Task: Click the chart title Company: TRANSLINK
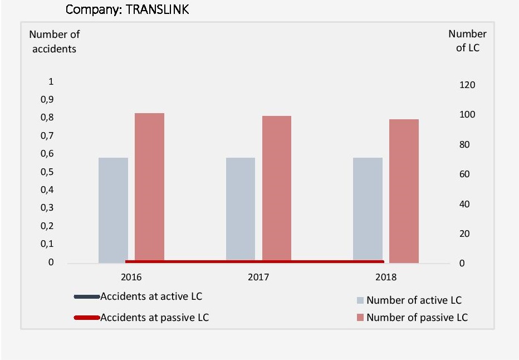pyautogui.click(x=127, y=9)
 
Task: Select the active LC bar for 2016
pyautogui.click(x=113, y=210)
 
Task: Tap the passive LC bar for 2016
pyautogui.click(x=149, y=187)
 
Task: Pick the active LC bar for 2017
pyautogui.click(x=241, y=210)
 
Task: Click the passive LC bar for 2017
pyautogui.click(x=277, y=189)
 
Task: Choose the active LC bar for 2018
pyautogui.click(x=368, y=210)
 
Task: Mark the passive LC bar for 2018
pyautogui.click(x=404, y=191)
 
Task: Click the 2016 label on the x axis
pyautogui.click(x=131, y=277)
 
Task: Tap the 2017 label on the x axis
pyautogui.click(x=258, y=277)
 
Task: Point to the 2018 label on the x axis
pyautogui.click(x=386, y=277)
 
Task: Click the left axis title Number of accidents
pyautogui.click(x=54, y=41)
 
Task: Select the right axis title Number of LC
pyautogui.click(x=467, y=41)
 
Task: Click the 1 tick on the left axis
pyautogui.click(x=51, y=81)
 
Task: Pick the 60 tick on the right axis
pyautogui.click(x=465, y=174)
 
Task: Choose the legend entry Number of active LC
pyautogui.click(x=414, y=300)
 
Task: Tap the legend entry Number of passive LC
pyautogui.click(x=417, y=318)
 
